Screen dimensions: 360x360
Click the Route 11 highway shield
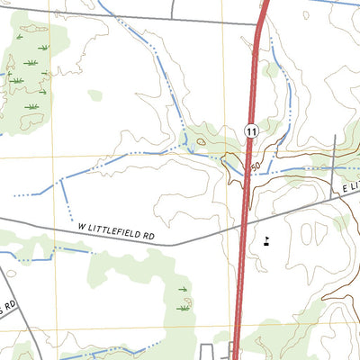250,131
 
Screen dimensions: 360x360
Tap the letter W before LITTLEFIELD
82,229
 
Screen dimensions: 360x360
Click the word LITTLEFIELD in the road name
118,233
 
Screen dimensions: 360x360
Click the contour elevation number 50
256,167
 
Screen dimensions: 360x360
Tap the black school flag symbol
267,240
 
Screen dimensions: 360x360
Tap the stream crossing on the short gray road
334,167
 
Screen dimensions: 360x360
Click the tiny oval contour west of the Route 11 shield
200,140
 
